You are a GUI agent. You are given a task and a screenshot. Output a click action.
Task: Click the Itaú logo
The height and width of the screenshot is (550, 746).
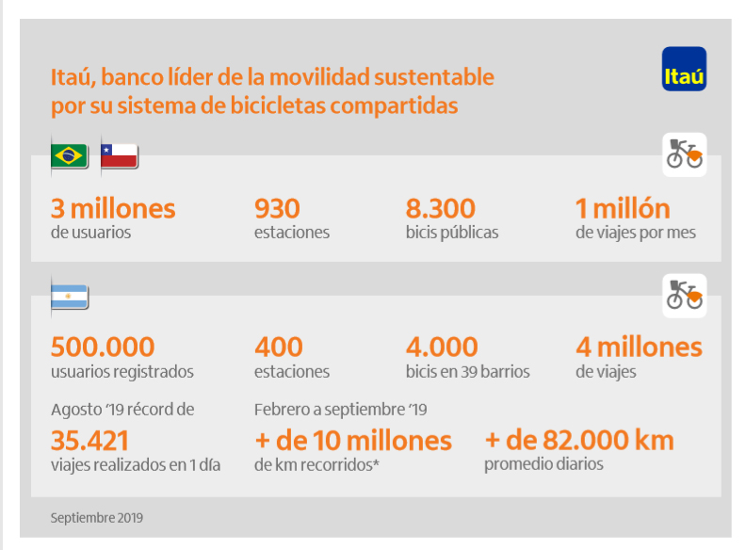[684, 69]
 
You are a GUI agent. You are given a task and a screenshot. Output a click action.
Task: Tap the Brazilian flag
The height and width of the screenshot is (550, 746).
[69, 155]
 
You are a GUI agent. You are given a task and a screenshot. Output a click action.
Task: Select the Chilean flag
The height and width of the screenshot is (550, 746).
[120, 155]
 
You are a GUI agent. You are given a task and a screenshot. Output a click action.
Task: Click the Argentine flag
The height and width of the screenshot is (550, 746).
[69, 297]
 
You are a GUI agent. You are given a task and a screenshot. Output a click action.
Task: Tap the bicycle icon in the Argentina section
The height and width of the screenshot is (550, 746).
[684, 296]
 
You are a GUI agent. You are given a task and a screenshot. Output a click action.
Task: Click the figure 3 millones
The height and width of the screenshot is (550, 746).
[113, 208]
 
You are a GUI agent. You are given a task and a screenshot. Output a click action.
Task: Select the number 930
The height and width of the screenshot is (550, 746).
[277, 208]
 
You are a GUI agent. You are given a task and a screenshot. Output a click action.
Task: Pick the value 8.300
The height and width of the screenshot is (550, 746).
[440, 208]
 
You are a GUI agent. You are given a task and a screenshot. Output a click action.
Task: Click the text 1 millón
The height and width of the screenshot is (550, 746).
[623, 208]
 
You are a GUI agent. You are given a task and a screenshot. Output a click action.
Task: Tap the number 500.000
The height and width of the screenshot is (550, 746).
[103, 348]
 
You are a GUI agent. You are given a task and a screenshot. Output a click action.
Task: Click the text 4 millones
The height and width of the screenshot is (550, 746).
[639, 348]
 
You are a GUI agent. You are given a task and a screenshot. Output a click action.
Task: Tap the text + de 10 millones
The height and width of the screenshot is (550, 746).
[353, 440]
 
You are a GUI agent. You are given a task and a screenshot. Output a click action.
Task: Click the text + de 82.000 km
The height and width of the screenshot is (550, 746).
[579, 440]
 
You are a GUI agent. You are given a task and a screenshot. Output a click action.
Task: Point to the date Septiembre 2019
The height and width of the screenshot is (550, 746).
[97, 517]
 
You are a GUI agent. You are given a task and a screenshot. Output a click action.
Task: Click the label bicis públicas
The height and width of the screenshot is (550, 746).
[452, 233]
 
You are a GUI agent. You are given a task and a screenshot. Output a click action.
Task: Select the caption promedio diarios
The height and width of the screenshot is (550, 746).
[543, 464]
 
